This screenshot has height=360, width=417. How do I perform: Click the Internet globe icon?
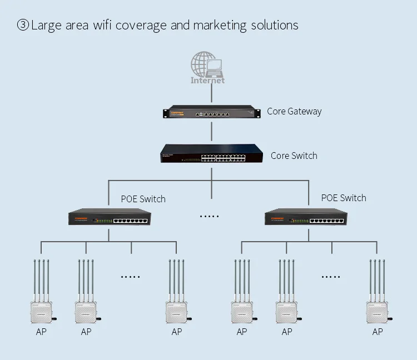[203, 63]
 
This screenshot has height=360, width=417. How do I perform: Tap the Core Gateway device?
[211, 113]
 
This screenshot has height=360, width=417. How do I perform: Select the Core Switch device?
[211, 155]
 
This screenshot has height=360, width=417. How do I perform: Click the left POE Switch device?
[108, 217]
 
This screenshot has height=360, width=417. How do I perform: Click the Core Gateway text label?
[294, 111]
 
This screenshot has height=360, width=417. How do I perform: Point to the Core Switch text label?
[294, 156]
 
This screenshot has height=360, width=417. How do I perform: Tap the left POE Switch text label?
[143, 198]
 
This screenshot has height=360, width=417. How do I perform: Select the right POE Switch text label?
[344, 198]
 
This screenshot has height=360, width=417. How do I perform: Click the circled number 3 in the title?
[23, 26]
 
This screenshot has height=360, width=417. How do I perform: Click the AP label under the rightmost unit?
[378, 332]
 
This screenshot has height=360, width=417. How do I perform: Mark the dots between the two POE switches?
[210, 216]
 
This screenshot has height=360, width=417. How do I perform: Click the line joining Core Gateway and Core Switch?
[211, 132]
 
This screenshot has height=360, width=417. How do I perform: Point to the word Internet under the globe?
[207, 80]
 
